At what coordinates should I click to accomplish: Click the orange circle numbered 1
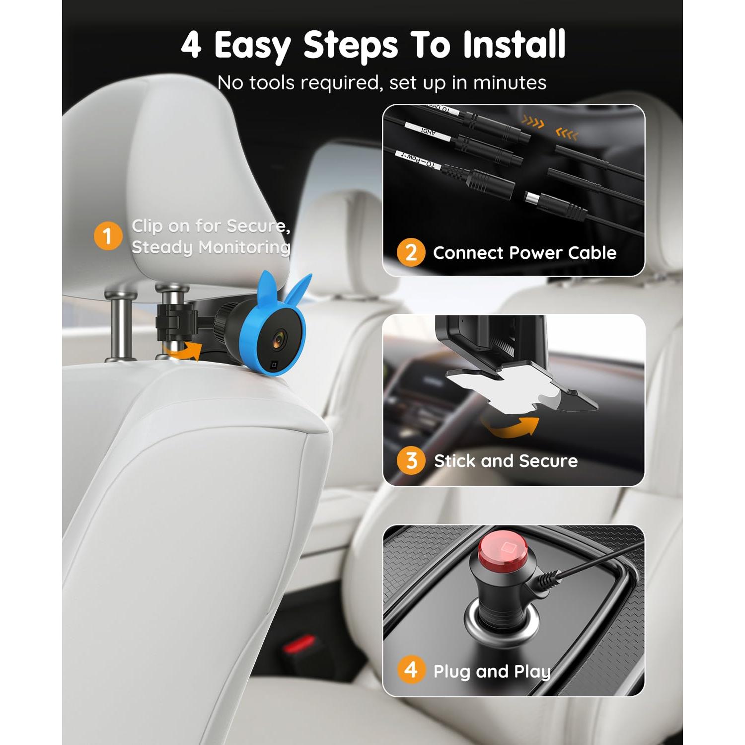(x=108, y=236)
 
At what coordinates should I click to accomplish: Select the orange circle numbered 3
(x=411, y=460)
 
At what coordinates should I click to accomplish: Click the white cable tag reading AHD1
(x=428, y=131)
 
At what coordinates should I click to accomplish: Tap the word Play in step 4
(x=532, y=671)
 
